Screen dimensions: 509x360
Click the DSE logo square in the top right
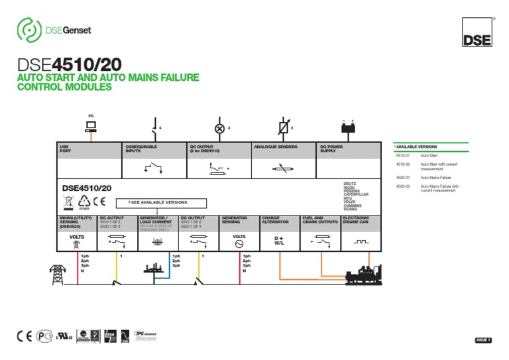pos(477,31)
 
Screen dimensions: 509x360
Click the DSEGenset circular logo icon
pos(29,30)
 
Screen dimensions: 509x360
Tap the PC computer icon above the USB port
pos(91,125)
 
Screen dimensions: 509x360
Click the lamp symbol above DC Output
pos(219,127)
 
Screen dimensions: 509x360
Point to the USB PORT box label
pos(64,149)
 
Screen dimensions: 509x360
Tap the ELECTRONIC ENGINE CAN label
pos(357,219)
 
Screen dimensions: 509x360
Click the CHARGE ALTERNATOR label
pos(272,219)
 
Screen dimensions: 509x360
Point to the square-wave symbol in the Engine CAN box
pos(361,242)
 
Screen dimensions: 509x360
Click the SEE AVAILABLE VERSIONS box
pos(162,203)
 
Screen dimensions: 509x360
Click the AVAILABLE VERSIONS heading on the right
pos(418,147)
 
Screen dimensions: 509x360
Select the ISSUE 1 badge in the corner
pos(483,340)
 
